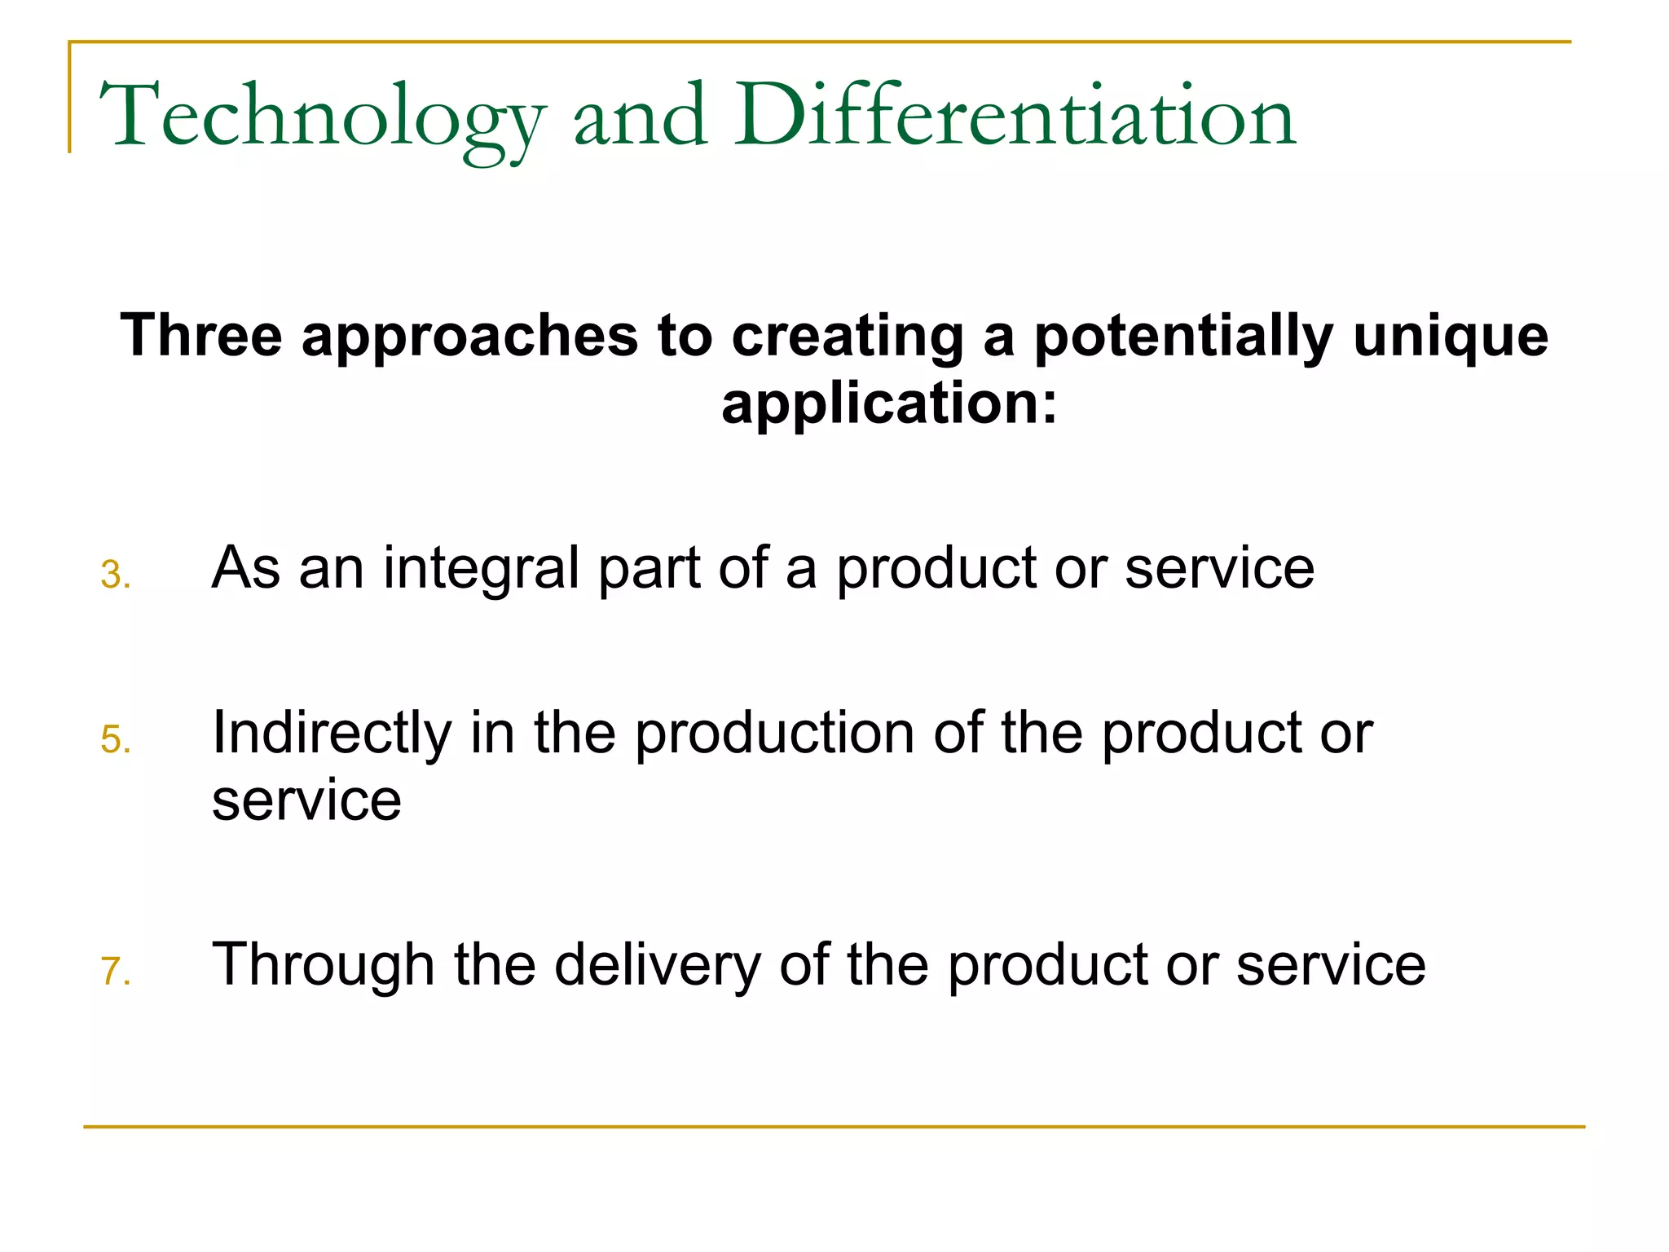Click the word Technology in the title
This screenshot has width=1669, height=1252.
pos(321,117)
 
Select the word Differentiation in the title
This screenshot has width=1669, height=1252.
pos(1015,117)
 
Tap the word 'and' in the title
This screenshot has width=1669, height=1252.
pos(640,117)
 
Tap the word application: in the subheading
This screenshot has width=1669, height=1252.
pos(889,404)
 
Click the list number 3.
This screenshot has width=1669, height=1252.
pos(115,575)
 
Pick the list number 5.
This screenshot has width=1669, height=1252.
pos(115,740)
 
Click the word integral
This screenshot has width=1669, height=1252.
pos(482,569)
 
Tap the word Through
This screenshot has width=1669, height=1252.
pos(323,965)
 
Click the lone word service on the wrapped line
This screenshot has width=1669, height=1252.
pos(306,800)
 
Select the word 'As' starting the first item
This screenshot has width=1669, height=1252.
pos(245,567)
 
